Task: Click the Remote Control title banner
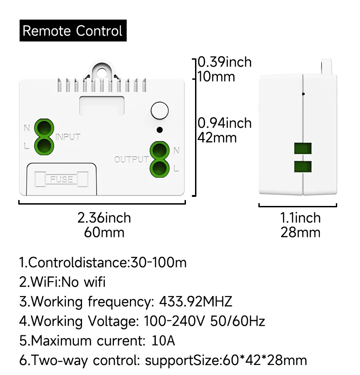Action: (x=73, y=31)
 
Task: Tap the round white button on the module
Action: (x=159, y=111)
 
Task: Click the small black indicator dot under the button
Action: (x=159, y=130)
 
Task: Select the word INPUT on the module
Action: (x=68, y=137)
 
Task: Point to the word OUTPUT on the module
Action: (x=131, y=159)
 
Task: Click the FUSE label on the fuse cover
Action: (x=62, y=179)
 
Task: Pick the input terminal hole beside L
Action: (x=44, y=145)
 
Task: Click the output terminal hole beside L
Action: (x=159, y=168)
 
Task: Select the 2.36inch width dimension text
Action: (x=104, y=218)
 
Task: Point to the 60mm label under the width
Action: (x=104, y=232)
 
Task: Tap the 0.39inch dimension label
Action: (x=224, y=62)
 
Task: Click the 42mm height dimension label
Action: (x=217, y=137)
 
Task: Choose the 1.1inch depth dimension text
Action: (x=300, y=218)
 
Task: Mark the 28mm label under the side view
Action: (x=300, y=232)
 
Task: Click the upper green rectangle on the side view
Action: (x=303, y=148)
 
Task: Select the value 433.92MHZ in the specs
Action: (x=195, y=302)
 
